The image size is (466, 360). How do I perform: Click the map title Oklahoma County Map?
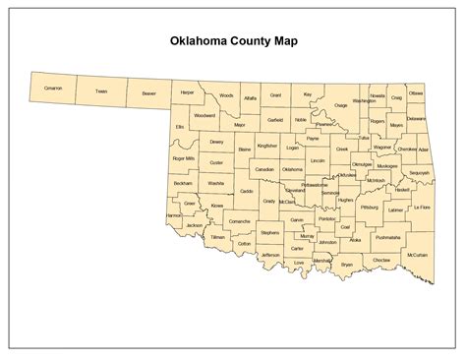coord(233,43)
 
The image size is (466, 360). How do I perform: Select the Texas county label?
coord(100,91)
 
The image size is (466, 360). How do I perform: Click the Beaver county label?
coord(148,93)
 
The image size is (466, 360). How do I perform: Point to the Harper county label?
coord(187,91)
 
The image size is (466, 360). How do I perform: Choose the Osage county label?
coord(340,104)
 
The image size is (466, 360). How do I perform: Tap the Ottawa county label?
coord(416,92)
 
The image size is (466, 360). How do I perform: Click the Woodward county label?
coord(204,115)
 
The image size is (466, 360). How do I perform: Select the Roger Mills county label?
coord(183,157)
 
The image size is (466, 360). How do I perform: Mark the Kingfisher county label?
coord(267,146)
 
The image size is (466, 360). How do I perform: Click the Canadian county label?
coord(264,168)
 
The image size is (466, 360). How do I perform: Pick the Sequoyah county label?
coord(418,171)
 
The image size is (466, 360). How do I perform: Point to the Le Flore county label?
coord(422,209)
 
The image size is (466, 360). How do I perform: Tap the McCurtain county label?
coord(418,254)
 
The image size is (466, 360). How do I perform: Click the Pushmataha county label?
coord(387,237)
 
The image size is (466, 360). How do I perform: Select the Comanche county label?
coord(239,223)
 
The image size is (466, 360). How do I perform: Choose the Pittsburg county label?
coord(370,209)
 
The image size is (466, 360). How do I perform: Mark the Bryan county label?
coord(346,265)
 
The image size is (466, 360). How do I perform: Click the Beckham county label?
coord(183,183)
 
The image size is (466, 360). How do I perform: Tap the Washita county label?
coord(216,183)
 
